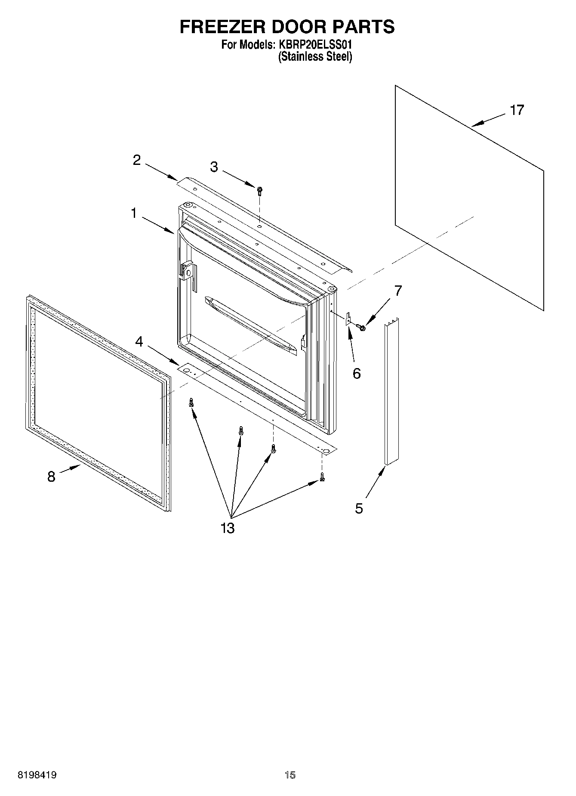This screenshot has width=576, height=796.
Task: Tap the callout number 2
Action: tap(137, 161)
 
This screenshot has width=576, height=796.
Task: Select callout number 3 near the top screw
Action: tap(214, 167)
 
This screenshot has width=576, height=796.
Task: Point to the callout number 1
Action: tap(134, 213)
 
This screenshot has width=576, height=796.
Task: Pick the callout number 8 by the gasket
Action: tap(51, 477)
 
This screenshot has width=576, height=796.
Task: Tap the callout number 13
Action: tap(228, 528)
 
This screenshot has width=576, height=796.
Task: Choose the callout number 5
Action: tap(359, 508)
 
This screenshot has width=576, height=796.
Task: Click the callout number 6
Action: tap(357, 373)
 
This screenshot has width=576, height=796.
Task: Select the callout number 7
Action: tap(398, 291)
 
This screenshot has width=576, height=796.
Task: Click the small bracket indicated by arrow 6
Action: tap(349, 319)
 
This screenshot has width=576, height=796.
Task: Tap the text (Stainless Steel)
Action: tap(315, 56)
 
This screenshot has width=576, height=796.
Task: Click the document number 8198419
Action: tap(37, 775)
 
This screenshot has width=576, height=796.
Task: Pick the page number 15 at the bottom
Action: tap(290, 775)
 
